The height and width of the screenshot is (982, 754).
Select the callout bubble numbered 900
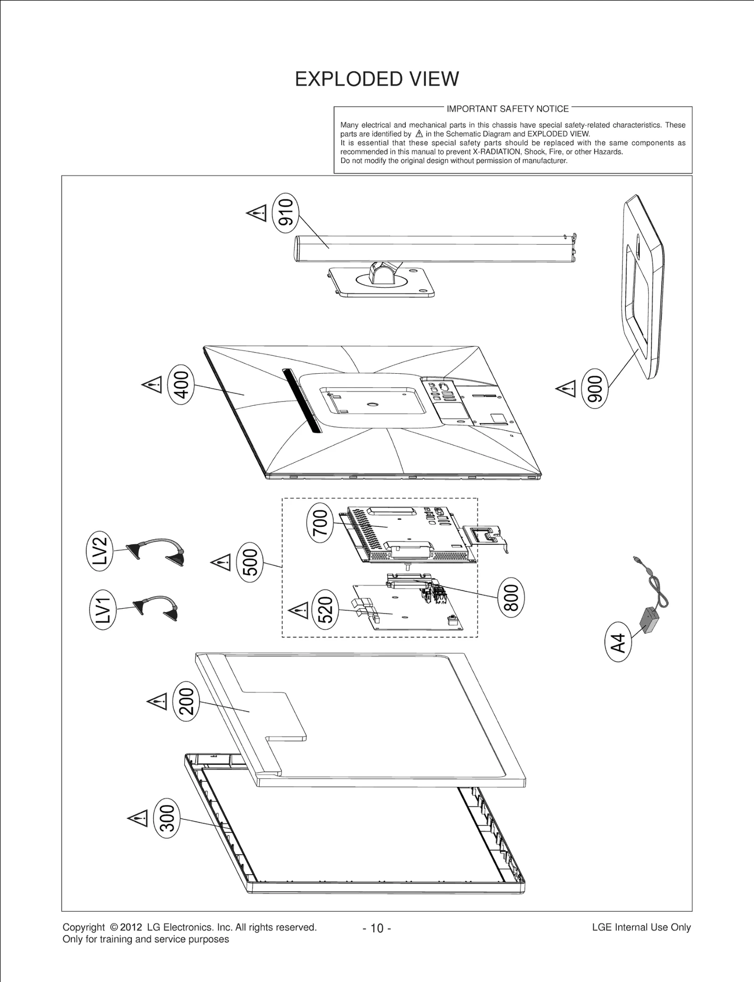tap(595, 388)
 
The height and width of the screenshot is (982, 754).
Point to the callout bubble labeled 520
tap(325, 610)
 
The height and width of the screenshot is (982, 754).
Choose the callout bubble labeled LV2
tap(100, 551)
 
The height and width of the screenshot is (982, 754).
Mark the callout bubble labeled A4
tap(617, 643)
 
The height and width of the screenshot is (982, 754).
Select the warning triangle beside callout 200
tap(157, 702)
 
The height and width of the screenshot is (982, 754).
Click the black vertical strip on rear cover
tap(302, 401)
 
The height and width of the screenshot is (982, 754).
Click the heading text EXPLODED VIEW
tap(377, 79)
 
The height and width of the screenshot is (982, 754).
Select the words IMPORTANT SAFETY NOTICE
tap(508, 109)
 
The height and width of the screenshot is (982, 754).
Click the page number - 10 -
tap(377, 928)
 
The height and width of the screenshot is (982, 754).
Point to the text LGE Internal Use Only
tap(641, 927)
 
